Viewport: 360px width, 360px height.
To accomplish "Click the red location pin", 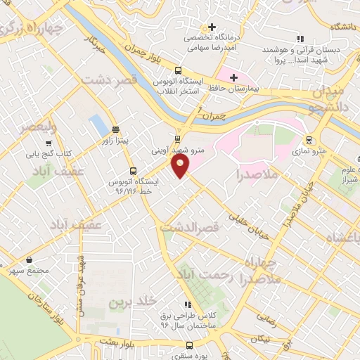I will (181, 166).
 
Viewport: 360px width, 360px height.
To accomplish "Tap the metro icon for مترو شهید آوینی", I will (176, 139).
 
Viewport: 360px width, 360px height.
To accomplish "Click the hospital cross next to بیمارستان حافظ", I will (234, 76).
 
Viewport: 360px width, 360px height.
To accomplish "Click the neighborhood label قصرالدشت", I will (191, 229).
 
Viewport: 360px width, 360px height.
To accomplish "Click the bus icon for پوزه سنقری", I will (189, 345).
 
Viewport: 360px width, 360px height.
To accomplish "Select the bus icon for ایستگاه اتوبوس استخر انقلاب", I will (177, 71).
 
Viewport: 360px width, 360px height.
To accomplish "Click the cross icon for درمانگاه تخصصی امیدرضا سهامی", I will (212, 27).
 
